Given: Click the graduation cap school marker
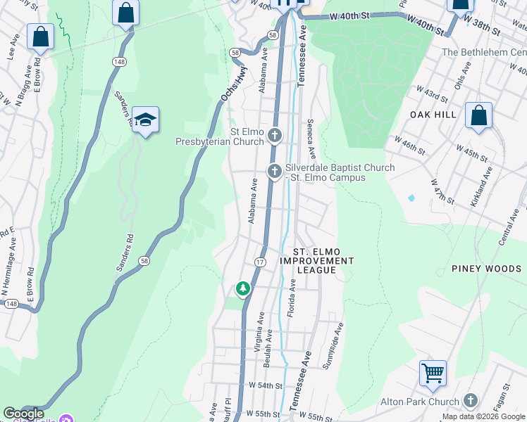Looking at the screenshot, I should (145, 120).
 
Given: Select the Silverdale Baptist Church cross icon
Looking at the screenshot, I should (275, 171).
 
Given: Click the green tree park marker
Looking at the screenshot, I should (242, 288).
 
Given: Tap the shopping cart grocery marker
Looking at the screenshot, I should (433, 373).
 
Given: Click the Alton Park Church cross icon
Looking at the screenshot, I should (471, 401).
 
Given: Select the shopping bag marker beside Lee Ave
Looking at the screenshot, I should (40, 37).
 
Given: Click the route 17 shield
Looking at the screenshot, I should (260, 262).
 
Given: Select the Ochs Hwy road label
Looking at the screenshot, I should (225, 84).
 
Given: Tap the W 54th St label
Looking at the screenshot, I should (265, 386).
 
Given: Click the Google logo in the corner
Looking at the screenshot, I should (24, 414).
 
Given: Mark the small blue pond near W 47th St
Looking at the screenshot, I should (411, 198).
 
